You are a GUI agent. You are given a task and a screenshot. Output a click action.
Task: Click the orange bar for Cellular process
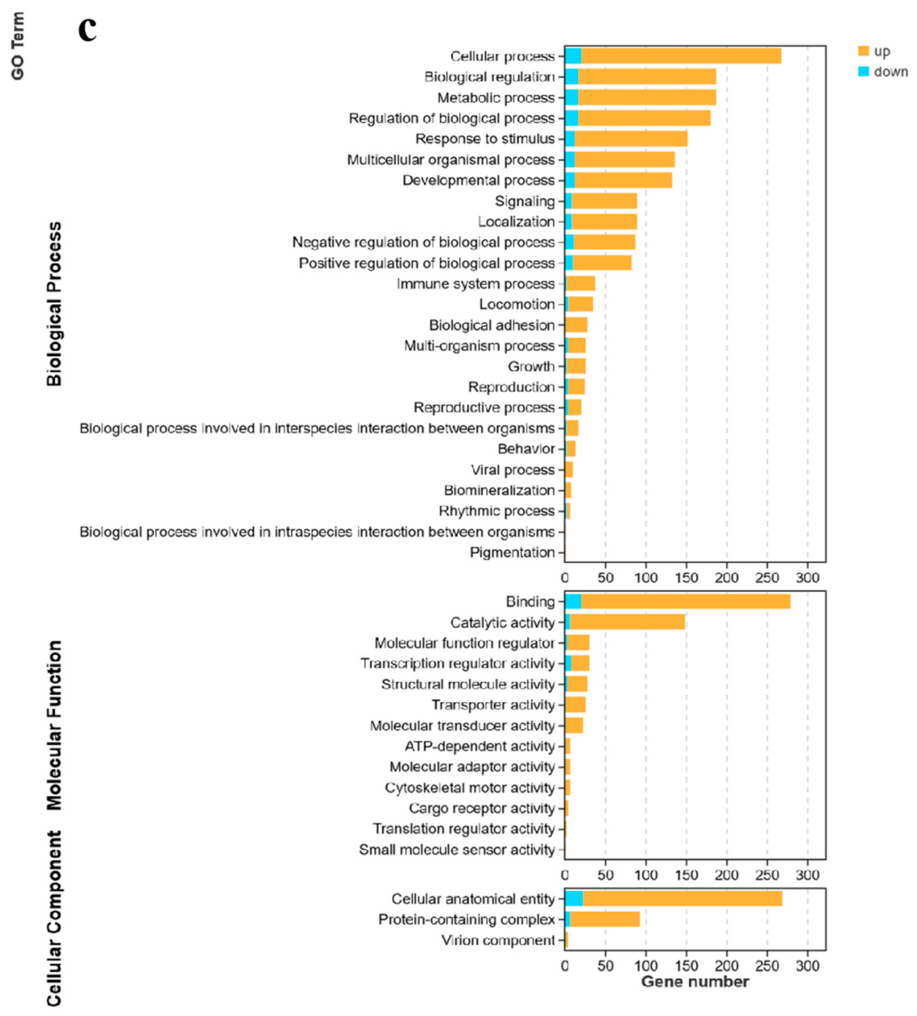680,56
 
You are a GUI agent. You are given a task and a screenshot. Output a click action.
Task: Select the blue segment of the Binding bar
573,601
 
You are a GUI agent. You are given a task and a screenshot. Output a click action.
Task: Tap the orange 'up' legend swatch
864,51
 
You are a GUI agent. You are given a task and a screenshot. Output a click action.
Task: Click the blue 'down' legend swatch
864,72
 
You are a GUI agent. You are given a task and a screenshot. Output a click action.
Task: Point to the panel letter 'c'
87,30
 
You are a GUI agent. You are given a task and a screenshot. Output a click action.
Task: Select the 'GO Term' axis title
18,46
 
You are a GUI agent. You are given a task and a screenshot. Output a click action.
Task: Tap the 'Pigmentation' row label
512,552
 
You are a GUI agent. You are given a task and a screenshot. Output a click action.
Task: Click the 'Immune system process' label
476,284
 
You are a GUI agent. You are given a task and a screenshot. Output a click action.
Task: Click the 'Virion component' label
498,940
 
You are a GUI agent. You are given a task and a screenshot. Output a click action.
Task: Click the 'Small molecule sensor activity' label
457,849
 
